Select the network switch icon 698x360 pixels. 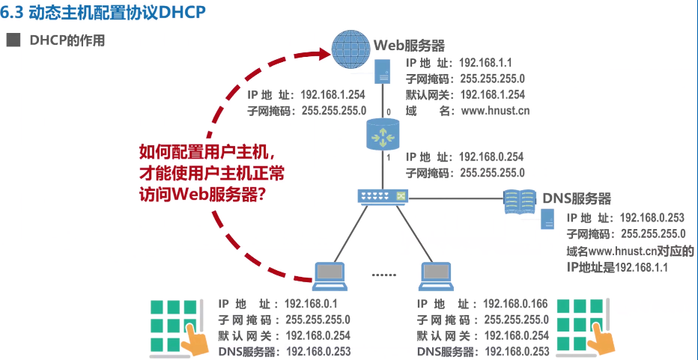[x=383, y=198]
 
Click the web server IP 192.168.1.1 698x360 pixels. [x=485, y=64]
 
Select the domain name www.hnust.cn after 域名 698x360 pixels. [x=495, y=111]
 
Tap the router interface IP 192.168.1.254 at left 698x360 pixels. [x=333, y=95]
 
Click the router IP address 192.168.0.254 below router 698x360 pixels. [x=491, y=156]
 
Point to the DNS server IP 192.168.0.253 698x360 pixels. [x=652, y=218]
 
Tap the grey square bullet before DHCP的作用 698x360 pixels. [x=13, y=40]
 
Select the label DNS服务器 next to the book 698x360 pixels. [x=577, y=198]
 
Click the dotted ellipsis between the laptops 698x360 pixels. [x=383, y=275]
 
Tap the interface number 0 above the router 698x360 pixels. [x=389, y=112]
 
